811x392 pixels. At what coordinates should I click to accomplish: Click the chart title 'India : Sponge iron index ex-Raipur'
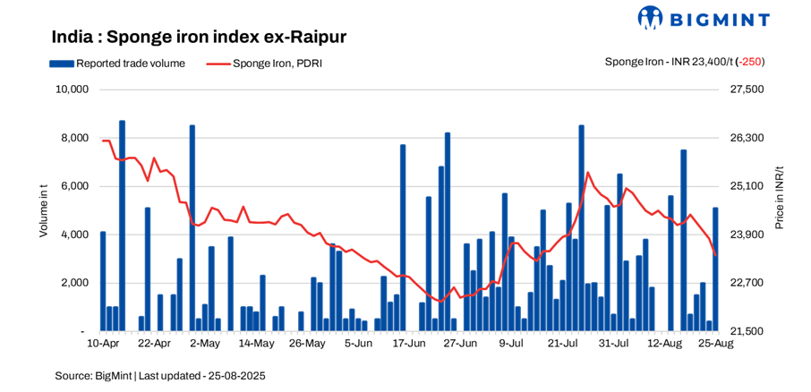[199, 37]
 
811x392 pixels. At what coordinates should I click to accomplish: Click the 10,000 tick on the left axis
[71, 89]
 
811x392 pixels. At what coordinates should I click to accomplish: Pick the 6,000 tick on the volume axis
[74, 186]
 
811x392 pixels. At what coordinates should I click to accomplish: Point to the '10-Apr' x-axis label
[103, 344]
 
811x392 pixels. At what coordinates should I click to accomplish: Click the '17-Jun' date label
[408, 344]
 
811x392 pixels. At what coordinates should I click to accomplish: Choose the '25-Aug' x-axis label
[714, 344]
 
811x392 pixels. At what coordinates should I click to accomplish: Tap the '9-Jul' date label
[511, 344]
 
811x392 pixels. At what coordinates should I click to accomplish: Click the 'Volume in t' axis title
[43, 210]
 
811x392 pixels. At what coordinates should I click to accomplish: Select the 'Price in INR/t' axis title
[779, 197]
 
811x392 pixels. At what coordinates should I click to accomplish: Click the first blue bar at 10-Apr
[103, 281]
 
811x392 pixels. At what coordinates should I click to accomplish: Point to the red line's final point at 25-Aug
[715, 255]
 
